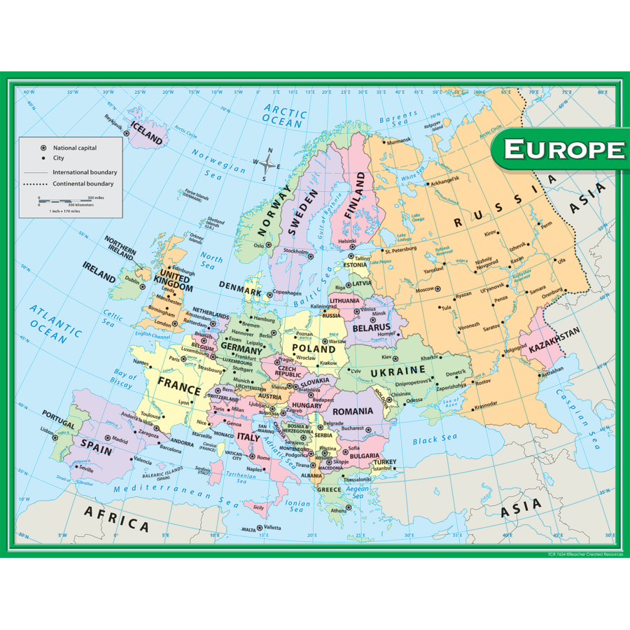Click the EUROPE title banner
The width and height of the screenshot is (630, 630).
pyautogui.click(x=564, y=149)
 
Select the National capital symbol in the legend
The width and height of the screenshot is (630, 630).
pyautogui.click(x=43, y=148)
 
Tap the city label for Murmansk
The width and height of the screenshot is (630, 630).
pyautogui.click(x=399, y=141)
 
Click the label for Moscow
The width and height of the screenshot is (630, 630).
pyautogui.click(x=424, y=289)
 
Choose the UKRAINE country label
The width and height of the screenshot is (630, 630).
pyautogui.click(x=398, y=370)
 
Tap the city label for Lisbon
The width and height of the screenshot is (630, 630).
pyautogui.click(x=46, y=430)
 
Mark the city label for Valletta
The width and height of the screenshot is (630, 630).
pyautogui.click(x=272, y=527)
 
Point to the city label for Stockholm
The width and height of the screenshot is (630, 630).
pyautogui.click(x=295, y=251)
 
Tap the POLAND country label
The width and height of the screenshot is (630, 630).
pyautogui.click(x=314, y=348)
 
